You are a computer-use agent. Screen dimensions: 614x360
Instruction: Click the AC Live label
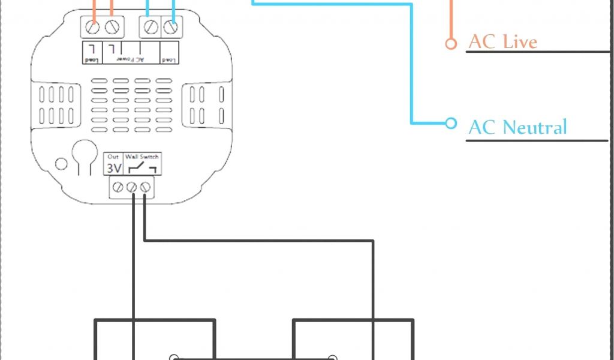click(x=502, y=42)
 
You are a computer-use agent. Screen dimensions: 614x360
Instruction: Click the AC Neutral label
click(x=517, y=127)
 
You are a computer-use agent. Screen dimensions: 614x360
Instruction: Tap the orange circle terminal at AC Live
click(x=450, y=43)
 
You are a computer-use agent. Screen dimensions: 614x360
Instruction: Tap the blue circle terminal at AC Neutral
click(x=450, y=124)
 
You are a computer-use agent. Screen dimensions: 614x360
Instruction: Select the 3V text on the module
click(x=113, y=167)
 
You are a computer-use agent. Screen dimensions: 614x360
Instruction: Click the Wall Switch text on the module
click(x=142, y=157)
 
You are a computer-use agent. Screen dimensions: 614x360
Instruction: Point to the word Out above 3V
click(x=113, y=157)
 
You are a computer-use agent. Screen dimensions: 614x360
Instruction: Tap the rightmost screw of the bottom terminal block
click(x=145, y=188)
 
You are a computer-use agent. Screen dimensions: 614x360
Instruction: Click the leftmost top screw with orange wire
click(x=93, y=27)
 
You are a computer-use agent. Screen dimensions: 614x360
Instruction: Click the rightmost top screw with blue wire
click(x=172, y=27)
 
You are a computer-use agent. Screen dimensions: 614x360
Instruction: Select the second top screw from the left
click(x=112, y=27)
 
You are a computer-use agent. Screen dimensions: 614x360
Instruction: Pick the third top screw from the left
click(x=152, y=27)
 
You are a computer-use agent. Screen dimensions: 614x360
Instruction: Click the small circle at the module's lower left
click(x=61, y=163)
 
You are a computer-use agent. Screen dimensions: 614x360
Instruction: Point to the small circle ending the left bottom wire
click(x=174, y=358)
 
